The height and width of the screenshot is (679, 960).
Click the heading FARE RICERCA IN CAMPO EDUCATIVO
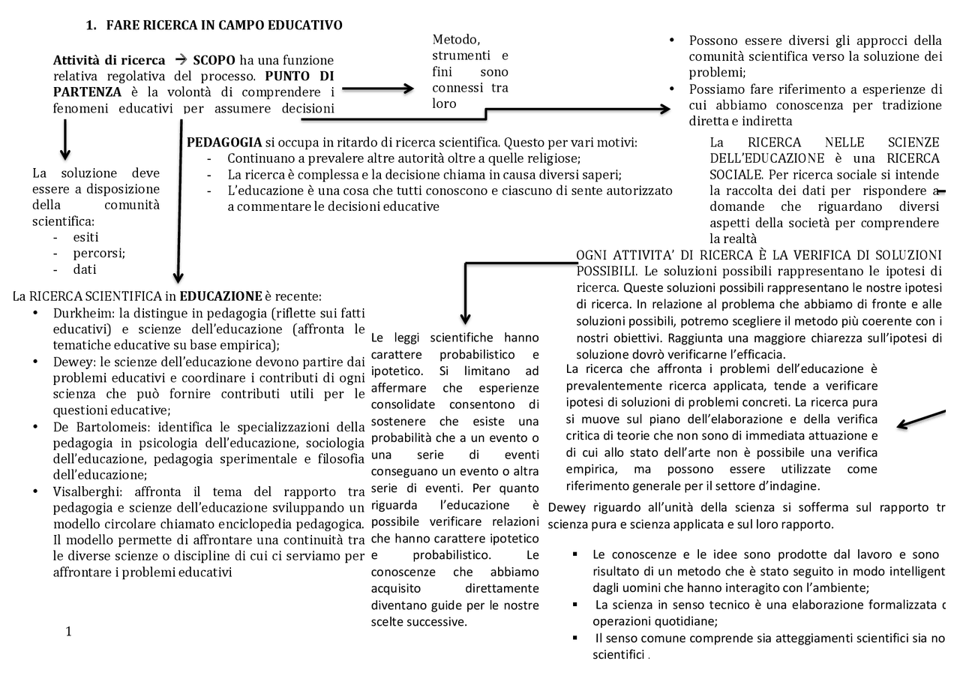(223, 26)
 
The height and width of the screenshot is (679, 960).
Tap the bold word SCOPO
(214, 60)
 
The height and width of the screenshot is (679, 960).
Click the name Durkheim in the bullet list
(80, 313)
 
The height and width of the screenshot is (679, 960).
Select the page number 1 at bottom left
(68, 631)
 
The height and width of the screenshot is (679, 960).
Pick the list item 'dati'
(84, 269)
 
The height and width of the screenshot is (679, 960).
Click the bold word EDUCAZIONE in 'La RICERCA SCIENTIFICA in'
(220, 296)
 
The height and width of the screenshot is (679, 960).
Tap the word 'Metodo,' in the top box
(456, 40)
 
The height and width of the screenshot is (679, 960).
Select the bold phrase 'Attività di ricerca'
(109, 60)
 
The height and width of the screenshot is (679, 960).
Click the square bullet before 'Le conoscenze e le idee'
(574, 554)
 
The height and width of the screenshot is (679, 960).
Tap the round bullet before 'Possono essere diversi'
(672, 41)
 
